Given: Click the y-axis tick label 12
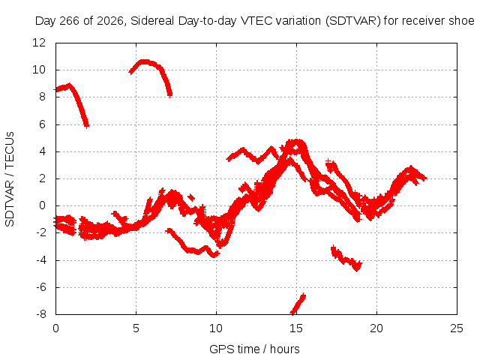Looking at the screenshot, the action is pyautogui.click(x=39, y=43).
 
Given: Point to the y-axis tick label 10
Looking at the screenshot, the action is pyautogui.click(x=39, y=70).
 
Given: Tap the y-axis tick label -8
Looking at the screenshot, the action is pyautogui.click(x=40, y=314).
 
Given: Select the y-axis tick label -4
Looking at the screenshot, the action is pyautogui.click(x=40, y=260).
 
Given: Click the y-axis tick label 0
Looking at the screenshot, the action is pyautogui.click(x=42, y=205).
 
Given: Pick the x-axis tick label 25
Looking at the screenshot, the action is pyautogui.click(x=457, y=328).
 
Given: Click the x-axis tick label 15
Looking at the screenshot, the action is pyautogui.click(x=296, y=328).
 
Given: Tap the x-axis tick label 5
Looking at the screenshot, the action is pyautogui.click(x=136, y=328).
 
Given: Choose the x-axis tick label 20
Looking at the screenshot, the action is pyautogui.click(x=376, y=328).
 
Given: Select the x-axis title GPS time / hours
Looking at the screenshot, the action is pyautogui.click(x=254, y=349).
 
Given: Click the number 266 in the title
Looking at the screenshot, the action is pyautogui.click(x=70, y=21).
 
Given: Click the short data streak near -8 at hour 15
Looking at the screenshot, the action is pyautogui.click(x=298, y=304).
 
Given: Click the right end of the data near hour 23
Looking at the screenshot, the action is pyautogui.click(x=424, y=178).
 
